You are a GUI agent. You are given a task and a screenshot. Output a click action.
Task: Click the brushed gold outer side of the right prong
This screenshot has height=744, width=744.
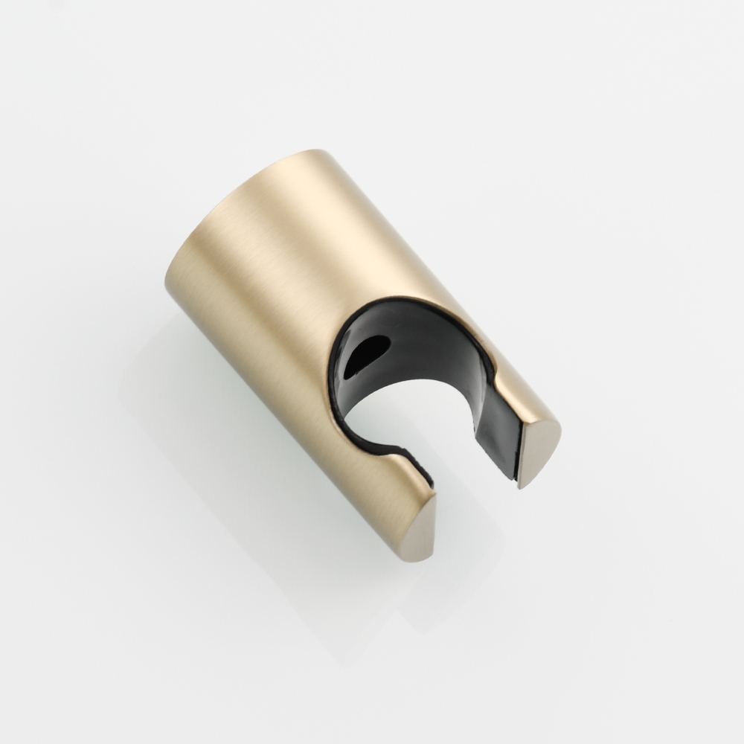click(x=521, y=387)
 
